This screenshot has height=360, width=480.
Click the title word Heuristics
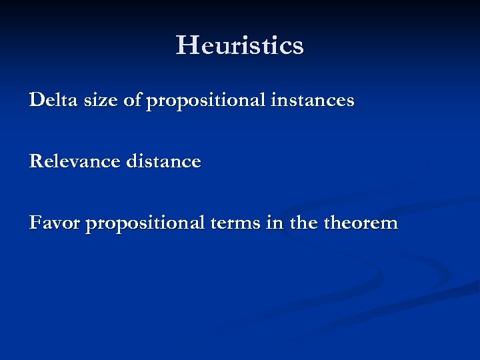coord(240,45)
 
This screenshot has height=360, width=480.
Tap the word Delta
coord(49,101)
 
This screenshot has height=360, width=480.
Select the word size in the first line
coord(88,101)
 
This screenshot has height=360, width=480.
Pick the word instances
coord(313,101)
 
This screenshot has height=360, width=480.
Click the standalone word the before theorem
coord(304,223)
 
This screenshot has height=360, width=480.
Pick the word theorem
coord(361,223)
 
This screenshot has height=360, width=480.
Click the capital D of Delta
coord(36,101)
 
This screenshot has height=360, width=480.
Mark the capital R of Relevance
coord(36,161)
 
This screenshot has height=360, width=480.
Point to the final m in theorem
coord(389,224)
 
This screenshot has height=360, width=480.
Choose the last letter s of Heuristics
coord(297,47)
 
